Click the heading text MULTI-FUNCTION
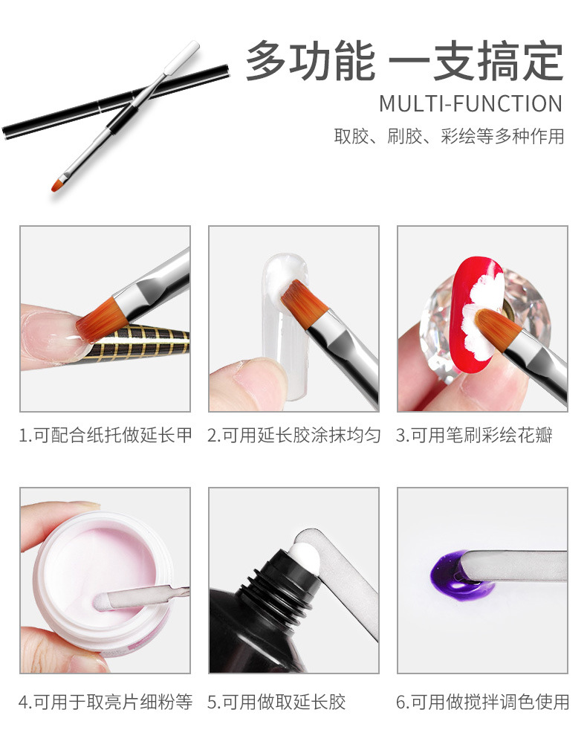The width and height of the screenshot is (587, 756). (470, 103)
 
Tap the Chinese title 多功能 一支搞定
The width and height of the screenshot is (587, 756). (404, 61)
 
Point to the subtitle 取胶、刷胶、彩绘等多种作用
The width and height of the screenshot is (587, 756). (448, 138)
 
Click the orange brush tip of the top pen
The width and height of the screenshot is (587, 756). (57, 184)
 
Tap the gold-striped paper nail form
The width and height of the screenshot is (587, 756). (141, 341)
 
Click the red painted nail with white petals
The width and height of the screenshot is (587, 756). (475, 297)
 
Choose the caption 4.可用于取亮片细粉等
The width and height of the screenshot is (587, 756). (105, 702)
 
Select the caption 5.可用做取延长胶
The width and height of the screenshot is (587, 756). (276, 702)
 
